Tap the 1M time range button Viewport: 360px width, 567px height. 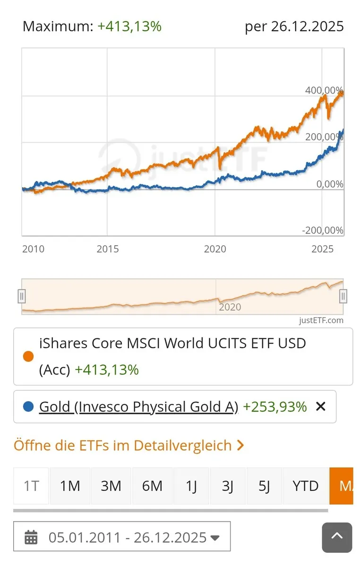tap(70, 486)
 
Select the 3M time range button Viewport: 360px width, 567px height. tap(111, 486)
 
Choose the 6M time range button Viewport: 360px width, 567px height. tap(152, 486)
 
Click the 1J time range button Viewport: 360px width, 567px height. tap(191, 486)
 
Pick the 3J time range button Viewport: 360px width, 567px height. tap(228, 486)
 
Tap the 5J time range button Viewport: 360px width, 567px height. tap(264, 486)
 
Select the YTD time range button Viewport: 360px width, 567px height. tap(305, 486)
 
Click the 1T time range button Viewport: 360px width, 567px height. tap(31, 486)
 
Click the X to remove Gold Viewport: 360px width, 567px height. tap(321, 406)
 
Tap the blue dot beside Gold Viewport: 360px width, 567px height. tap(28, 406)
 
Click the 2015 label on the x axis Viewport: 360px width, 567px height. tap(108, 249)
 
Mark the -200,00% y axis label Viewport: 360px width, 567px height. tap(323, 230)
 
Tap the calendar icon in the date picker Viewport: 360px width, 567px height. tap(31, 537)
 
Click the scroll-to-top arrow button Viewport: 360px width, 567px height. tap(337, 537)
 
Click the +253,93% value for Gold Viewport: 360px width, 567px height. tap(274, 406)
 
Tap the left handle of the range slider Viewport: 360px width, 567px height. tap(21, 296)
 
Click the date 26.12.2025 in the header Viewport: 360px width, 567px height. tap(308, 26)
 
